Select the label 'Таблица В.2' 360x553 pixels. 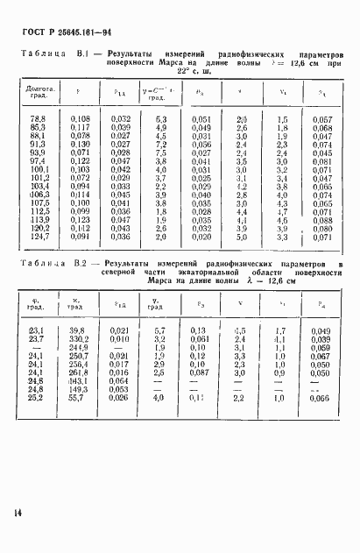click(53, 262)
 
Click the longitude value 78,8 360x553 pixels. click(39, 117)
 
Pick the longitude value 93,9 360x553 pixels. click(39, 151)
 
